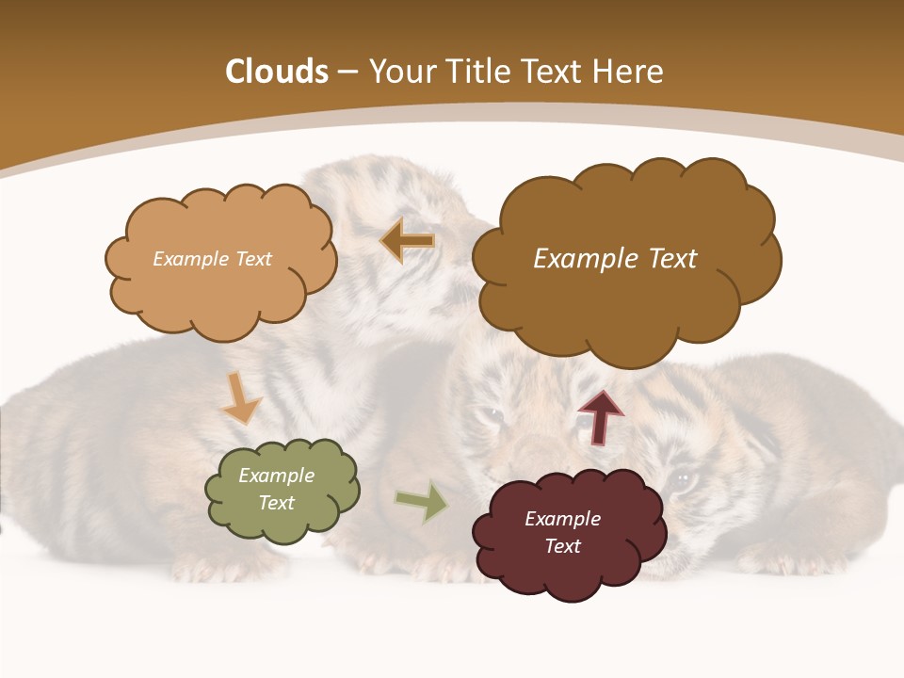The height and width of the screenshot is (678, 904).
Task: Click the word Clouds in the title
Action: click(x=277, y=72)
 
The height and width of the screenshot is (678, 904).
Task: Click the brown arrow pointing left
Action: click(x=408, y=241)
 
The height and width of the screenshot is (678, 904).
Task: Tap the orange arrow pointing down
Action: click(x=241, y=398)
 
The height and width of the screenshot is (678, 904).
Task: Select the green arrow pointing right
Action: click(x=422, y=502)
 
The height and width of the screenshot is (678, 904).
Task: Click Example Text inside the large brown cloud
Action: click(x=615, y=259)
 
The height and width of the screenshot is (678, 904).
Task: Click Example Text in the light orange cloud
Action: click(x=212, y=259)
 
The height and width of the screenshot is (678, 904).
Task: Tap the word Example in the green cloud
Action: click(x=276, y=476)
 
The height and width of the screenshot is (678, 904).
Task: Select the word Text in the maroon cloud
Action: click(x=562, y=546)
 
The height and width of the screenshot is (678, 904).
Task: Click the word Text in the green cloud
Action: click(x=276, y=503)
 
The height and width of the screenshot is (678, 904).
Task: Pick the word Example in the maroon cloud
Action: click(x=562, y=519)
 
